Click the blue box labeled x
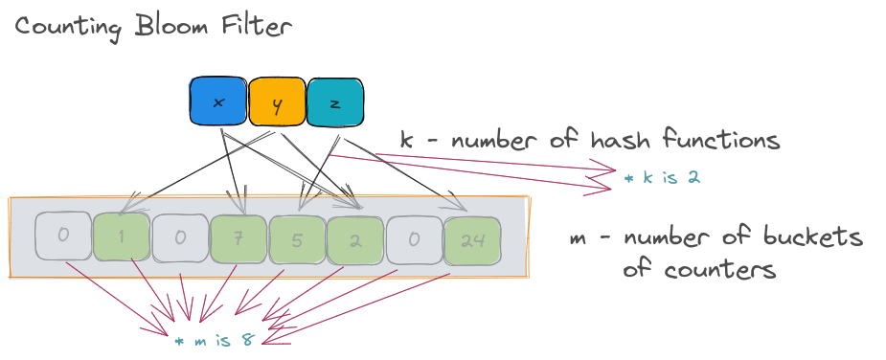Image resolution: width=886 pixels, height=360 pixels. (218, 101)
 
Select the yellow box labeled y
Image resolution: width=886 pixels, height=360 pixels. (277, 102)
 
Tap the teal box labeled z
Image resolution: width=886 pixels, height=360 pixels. (335, 102)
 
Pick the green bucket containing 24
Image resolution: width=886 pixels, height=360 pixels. (473, 240)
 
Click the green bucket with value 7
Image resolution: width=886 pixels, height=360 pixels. (239, 239)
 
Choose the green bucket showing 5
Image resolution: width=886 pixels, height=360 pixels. (297, 239)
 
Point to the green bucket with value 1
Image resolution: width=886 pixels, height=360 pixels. (122, 237)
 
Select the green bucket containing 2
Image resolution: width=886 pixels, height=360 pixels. (356, 239)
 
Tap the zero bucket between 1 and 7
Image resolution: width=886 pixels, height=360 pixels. (180, 238)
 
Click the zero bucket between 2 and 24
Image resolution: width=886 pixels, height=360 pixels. (414, 239)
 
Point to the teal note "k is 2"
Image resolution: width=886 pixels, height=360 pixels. (662, 177)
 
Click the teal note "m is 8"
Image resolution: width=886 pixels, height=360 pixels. (216, 341)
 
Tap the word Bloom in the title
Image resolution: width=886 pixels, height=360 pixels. (170, 26)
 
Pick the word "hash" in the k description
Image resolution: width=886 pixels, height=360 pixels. (620, 138)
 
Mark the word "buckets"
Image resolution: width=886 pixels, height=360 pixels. (813, 236)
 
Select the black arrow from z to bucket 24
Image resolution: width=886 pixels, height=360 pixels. (403, 173)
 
